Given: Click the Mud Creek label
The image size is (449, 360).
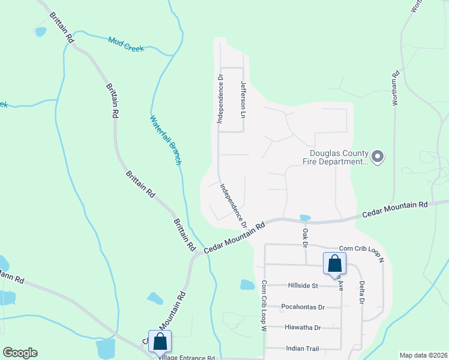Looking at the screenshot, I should pos(126,44).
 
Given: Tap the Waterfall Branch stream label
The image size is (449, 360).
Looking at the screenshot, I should pos(166,140).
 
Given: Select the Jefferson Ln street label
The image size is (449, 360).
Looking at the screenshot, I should pos(244,99).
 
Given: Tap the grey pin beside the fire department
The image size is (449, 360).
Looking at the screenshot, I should pos(378,157).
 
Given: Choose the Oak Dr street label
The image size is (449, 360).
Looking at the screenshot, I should pos(305,237).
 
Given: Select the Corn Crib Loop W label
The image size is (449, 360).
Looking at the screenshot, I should pos(263,307).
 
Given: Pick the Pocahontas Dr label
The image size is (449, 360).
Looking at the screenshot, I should pos(303,307).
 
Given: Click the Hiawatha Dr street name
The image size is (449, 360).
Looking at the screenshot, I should pos(303,327).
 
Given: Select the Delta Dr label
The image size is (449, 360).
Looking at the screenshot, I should pos(362,293).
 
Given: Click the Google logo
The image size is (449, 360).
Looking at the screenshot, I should pos(20,353).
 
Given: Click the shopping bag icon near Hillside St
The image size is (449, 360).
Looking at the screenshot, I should pos(334,263).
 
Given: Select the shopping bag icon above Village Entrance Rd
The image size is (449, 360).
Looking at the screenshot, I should pos(160,341).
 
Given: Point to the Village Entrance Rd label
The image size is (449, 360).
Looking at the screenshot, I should pos(187,357).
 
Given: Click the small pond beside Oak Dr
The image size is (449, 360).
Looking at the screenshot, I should pos(305,218).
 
